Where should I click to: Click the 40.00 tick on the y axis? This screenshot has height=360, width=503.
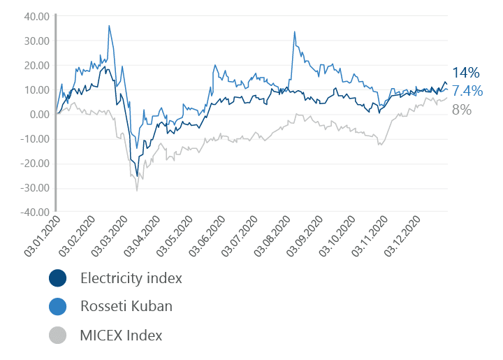35,16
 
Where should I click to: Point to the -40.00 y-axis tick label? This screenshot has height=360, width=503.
33,213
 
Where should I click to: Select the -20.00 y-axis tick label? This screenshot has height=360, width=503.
33,164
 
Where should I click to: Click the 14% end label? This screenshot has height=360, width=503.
466,73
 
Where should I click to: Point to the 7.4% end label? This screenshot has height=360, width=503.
467,91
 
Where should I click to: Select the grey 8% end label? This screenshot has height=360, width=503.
462,109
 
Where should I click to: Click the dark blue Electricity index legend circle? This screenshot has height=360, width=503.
58,278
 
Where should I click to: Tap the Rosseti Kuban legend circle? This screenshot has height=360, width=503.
58,307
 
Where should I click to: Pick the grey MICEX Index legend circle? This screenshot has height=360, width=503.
58,336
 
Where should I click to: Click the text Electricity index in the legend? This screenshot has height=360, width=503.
131,278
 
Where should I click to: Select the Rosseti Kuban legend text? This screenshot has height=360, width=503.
126,307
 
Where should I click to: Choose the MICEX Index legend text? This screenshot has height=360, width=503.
122,336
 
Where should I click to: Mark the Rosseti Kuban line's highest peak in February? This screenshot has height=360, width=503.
109,26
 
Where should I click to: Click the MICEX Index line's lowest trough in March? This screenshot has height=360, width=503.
137,190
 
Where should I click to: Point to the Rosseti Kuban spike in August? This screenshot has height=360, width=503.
295,31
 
